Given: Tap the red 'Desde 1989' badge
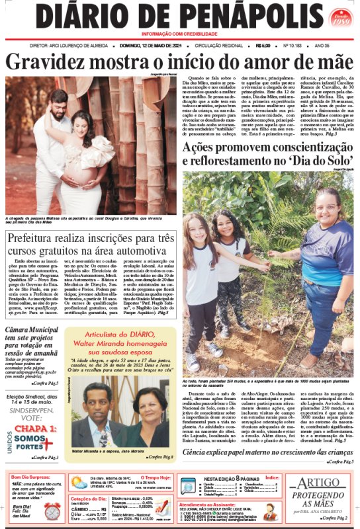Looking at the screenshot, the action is click(x=337, y=16).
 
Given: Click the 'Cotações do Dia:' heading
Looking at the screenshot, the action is click(x=89, y=499).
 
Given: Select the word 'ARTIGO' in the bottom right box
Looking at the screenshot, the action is click(x=320, y=484).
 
